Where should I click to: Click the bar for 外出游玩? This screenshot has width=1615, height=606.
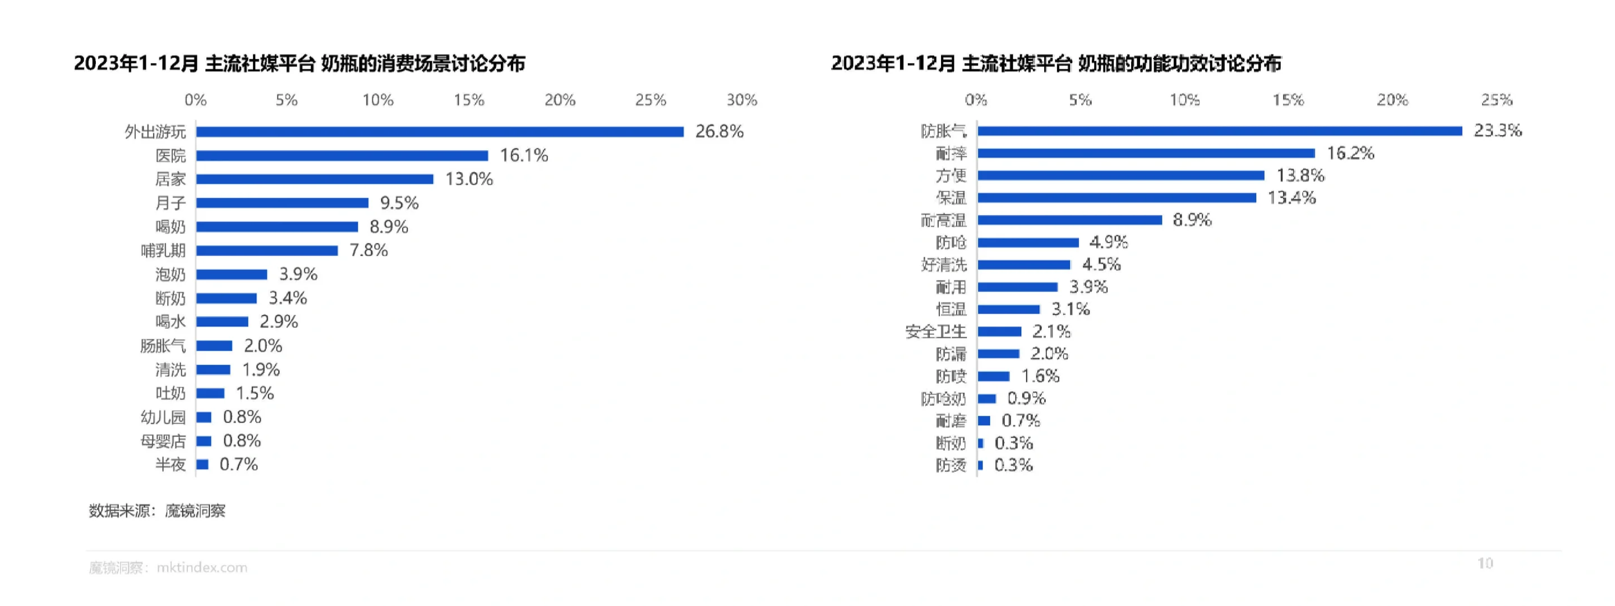pos(440,132)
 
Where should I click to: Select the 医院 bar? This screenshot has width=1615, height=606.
pos(342,155)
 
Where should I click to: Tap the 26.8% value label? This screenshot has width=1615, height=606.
pos(719,132)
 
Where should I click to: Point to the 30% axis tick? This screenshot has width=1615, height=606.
pos(742,100)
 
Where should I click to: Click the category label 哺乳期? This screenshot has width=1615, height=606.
pos(163,251)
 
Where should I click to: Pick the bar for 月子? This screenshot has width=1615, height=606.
pos(282,203)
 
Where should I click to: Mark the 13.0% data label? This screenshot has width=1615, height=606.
pos(469,180)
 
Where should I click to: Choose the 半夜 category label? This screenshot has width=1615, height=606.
pos(170,465)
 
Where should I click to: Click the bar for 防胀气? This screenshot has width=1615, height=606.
pos(1220,131)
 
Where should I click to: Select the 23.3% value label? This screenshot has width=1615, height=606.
pos(1497,131)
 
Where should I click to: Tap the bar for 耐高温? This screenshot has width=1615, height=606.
pos(1069,220)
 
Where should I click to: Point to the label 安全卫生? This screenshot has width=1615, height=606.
pos(935,332)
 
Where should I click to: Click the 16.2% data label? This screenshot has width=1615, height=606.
pos(1350,153)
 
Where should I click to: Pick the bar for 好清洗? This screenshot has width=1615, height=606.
pos(1024,265)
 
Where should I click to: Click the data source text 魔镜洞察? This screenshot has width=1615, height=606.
pos(195,511)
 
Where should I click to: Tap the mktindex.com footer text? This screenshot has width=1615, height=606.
pos(201,568)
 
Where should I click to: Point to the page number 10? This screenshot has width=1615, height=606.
pos(1484,563)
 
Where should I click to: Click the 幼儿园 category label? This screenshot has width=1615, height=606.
pos(163,417)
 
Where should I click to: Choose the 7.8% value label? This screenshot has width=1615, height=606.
pos(368,251)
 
